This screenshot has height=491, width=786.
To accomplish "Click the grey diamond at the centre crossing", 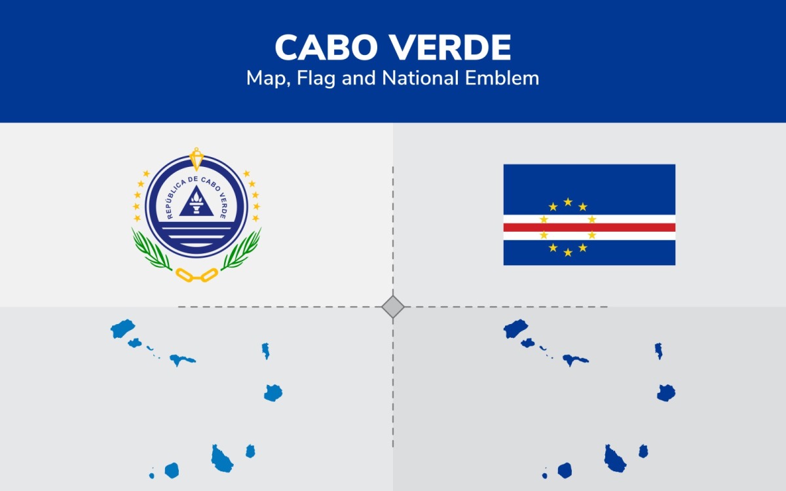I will [x=393, y=306].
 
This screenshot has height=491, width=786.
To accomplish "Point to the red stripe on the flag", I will [x=589, y=227].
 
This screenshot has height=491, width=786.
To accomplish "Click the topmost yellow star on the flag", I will [x=568, y=202].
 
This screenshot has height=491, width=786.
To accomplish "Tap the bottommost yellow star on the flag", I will [x=568, y=252].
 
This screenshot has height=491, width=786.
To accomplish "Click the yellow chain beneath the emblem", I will [x=196, y=275].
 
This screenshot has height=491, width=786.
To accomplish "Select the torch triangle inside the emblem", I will [x=196, y=201].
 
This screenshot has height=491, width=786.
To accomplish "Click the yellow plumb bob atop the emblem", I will [x=196, y=158].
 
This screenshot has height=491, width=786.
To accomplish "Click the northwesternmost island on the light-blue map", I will [x=122, y=329].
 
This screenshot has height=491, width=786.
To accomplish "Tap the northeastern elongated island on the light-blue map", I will [x=266, y=351].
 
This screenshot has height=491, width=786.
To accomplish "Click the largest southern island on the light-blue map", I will [x=221, y=458].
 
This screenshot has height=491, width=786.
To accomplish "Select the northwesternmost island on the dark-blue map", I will [x=515, y=329].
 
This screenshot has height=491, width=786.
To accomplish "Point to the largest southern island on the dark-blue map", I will [x=614, y=458].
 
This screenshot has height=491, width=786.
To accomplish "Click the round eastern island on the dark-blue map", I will [x=666, y=393].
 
